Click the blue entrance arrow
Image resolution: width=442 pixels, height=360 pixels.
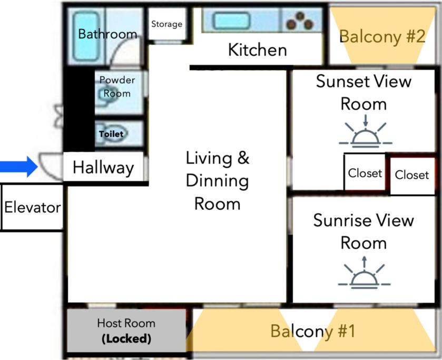point(18,167)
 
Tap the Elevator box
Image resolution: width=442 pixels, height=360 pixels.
point(32,207)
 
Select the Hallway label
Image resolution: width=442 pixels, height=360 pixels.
point(103,168)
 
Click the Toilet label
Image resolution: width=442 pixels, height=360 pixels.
point(111,134)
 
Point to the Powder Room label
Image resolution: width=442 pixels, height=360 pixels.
point(117,86)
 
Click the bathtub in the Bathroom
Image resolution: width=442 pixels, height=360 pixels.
point(86,36)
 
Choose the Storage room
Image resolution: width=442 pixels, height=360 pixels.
point(167,24)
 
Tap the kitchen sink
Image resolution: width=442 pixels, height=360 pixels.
point(231,21)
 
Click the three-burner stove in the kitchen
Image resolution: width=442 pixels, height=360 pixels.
point(300,21)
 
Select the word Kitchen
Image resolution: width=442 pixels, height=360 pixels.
point(258,50)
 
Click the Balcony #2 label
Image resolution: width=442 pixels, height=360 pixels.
point(382,36)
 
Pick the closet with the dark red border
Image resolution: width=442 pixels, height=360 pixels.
point(412,175)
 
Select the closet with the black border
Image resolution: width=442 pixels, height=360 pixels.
point(365,172)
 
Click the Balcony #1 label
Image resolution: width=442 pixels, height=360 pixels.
point(313,331)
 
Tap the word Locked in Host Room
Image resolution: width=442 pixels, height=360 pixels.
point(126,338)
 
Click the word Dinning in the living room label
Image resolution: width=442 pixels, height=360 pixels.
point(218,181)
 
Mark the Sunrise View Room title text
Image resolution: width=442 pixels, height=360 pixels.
point(364,231)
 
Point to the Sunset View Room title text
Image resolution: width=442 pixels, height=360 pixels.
point(364,93)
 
